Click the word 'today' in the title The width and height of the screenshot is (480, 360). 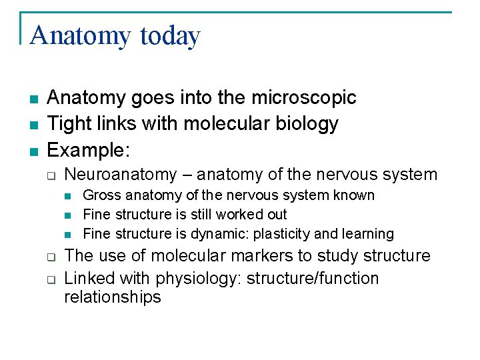(170, 35)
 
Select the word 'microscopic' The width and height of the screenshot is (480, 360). (303, 98)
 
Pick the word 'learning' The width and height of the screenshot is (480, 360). (367, 234)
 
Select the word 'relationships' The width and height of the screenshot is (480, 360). (113, 297)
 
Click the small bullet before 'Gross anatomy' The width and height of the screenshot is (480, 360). (68, 196)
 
